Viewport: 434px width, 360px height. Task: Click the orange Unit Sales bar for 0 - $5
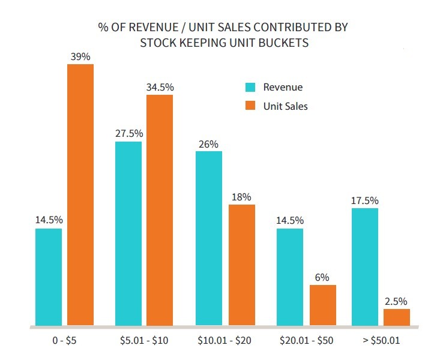point(80,194)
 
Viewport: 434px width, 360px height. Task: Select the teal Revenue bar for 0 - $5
point(49,277)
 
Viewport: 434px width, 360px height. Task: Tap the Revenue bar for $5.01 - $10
point(128,233)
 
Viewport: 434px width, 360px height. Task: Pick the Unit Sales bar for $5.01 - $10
point(160,210)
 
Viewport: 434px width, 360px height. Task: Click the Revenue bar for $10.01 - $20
point(208,238)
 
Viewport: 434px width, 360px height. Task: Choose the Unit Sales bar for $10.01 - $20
point(241,265)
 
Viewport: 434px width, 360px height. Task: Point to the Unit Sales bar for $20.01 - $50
point(322,305)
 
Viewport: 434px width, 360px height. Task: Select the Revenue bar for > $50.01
point(365,266)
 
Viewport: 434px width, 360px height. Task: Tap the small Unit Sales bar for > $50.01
point(397,317)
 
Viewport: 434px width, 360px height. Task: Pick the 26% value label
point(208,144)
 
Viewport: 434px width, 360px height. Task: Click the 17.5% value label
point(365,200)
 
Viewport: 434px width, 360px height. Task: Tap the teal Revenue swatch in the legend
point(251,88)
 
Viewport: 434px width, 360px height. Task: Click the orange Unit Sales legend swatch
point(251,106)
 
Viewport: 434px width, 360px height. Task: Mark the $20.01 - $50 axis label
point(306,341)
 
